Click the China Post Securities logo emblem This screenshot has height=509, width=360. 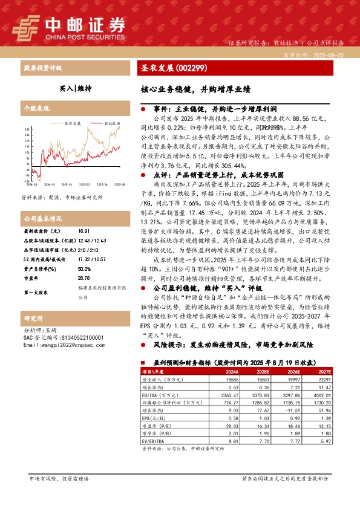coord(24,27)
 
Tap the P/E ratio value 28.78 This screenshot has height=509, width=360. coord(83,261)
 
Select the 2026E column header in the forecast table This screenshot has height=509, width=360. coord(294,372)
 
